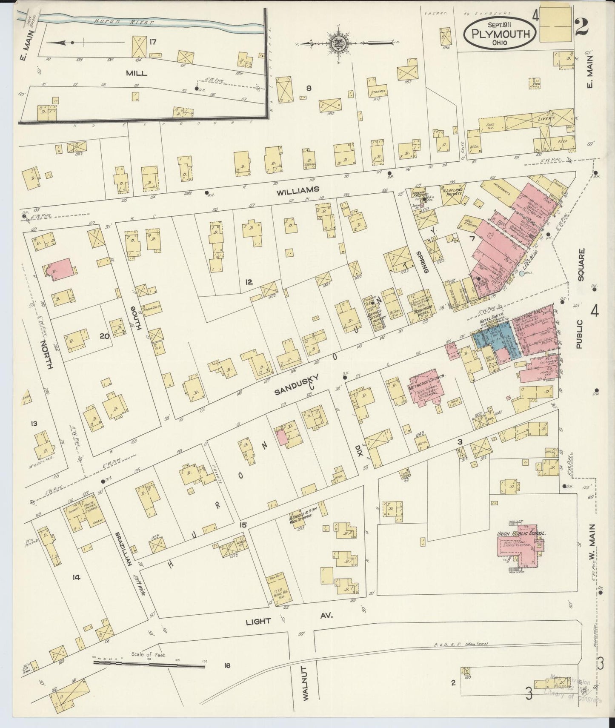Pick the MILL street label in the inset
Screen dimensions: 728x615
coord(137,73)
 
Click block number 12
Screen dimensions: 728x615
coord(249,281)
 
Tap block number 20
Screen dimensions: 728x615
coord(104,336)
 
